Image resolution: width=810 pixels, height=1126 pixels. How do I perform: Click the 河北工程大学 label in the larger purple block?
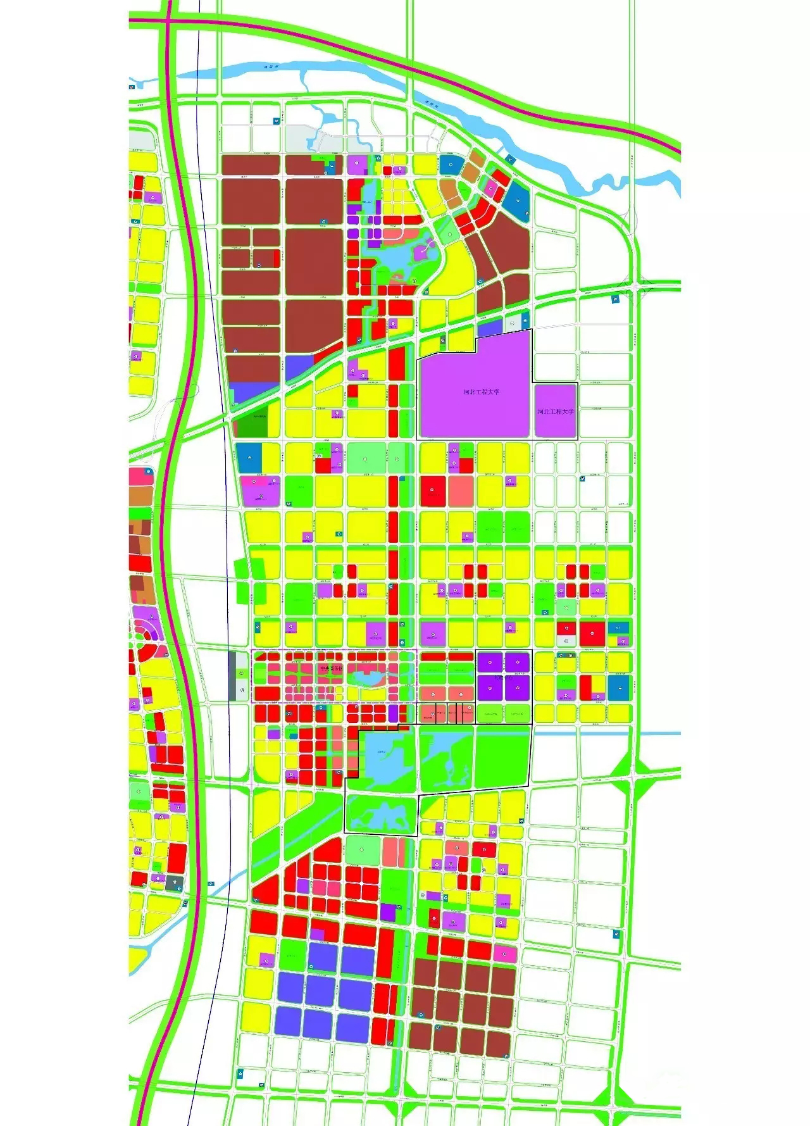click(481, 392)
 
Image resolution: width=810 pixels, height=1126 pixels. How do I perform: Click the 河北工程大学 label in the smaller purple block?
click(556, 411)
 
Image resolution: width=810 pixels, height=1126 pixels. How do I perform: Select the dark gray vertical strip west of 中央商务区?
click(232, 675)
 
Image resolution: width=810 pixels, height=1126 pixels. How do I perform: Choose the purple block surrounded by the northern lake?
click(420, 254)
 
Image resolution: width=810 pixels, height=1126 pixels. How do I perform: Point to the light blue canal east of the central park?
click(658, 734)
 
